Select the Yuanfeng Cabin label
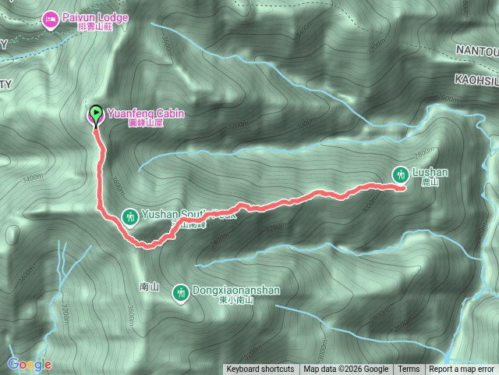click(136, 112)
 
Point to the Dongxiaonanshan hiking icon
click(181, 291)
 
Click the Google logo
click(30, 365)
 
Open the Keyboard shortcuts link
click(260, 370)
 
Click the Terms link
click(409, 370)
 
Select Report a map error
click(462, 370)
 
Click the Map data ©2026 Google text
click(346, 370)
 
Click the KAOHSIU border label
click(476, 80)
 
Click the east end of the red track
click(403, 188)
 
